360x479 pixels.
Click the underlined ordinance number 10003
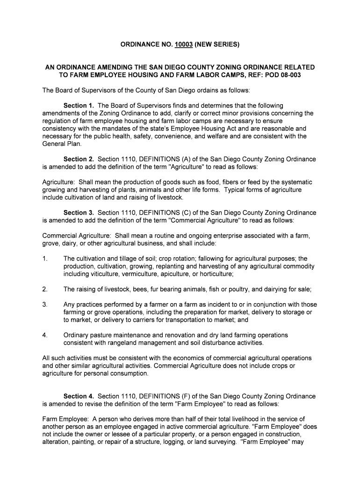184,45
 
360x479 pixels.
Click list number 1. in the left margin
45,259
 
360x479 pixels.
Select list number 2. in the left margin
45,289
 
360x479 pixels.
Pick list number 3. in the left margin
45,305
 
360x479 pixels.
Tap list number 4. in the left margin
45,335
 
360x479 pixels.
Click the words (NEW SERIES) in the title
217,45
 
